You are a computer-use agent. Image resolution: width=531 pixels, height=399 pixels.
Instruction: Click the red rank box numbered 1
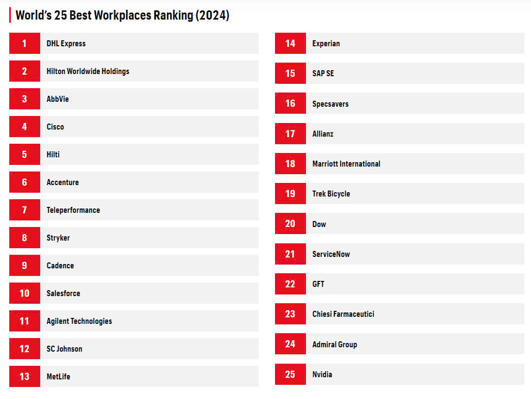coord(24,43)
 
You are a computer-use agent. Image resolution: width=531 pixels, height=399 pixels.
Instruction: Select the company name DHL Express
coord(66,44)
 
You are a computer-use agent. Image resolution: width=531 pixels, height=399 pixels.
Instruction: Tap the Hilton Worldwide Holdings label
coord(88,71)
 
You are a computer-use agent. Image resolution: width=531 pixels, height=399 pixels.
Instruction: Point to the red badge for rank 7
coord(24,210)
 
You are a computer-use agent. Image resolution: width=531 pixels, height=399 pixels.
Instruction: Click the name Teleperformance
coord(73,210)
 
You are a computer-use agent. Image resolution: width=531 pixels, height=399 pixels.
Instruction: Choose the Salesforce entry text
coord(64,293)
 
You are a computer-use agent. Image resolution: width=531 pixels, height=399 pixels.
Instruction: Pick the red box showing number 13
coord(24,376)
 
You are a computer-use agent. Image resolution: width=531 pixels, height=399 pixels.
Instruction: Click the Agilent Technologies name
coord(79,321)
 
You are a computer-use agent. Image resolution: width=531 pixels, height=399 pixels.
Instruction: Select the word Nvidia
coord(322,374)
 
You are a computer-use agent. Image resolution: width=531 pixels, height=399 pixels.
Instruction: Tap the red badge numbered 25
coord(290,374)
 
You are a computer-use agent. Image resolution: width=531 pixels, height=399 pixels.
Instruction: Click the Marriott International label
coord(346,164)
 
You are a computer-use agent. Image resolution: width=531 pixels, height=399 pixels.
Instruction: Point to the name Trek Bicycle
coord(331,194)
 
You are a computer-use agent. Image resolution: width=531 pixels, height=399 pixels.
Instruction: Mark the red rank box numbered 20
coord(290,224)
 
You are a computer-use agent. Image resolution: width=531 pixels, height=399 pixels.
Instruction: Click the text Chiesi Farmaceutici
coord(343,314)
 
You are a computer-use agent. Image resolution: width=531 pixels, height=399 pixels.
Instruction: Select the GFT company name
coord(318,284)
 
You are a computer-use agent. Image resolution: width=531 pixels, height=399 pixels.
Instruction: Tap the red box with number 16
coord(290,103)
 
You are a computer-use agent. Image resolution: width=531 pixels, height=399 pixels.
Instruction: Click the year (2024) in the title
coord(213,15)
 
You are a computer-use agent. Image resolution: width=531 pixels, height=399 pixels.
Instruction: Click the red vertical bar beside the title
coord(10,15)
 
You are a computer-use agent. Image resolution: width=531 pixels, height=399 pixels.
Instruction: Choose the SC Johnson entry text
coord(64,349)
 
